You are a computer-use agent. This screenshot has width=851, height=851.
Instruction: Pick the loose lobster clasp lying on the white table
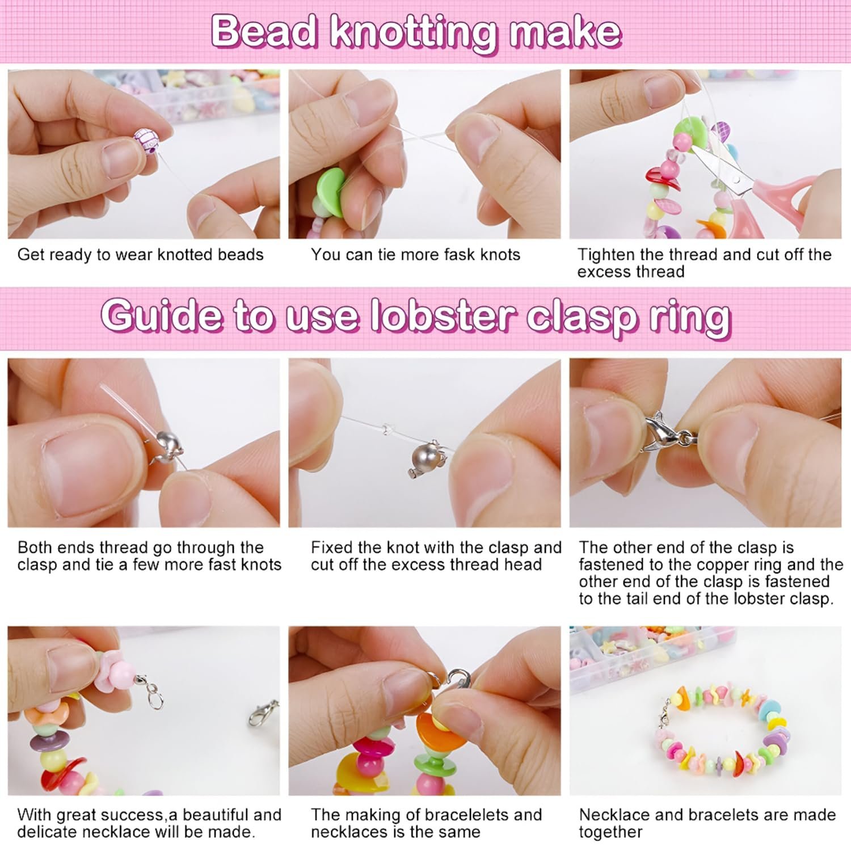[264, 714]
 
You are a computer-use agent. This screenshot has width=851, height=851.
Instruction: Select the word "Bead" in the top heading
[264, 32]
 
